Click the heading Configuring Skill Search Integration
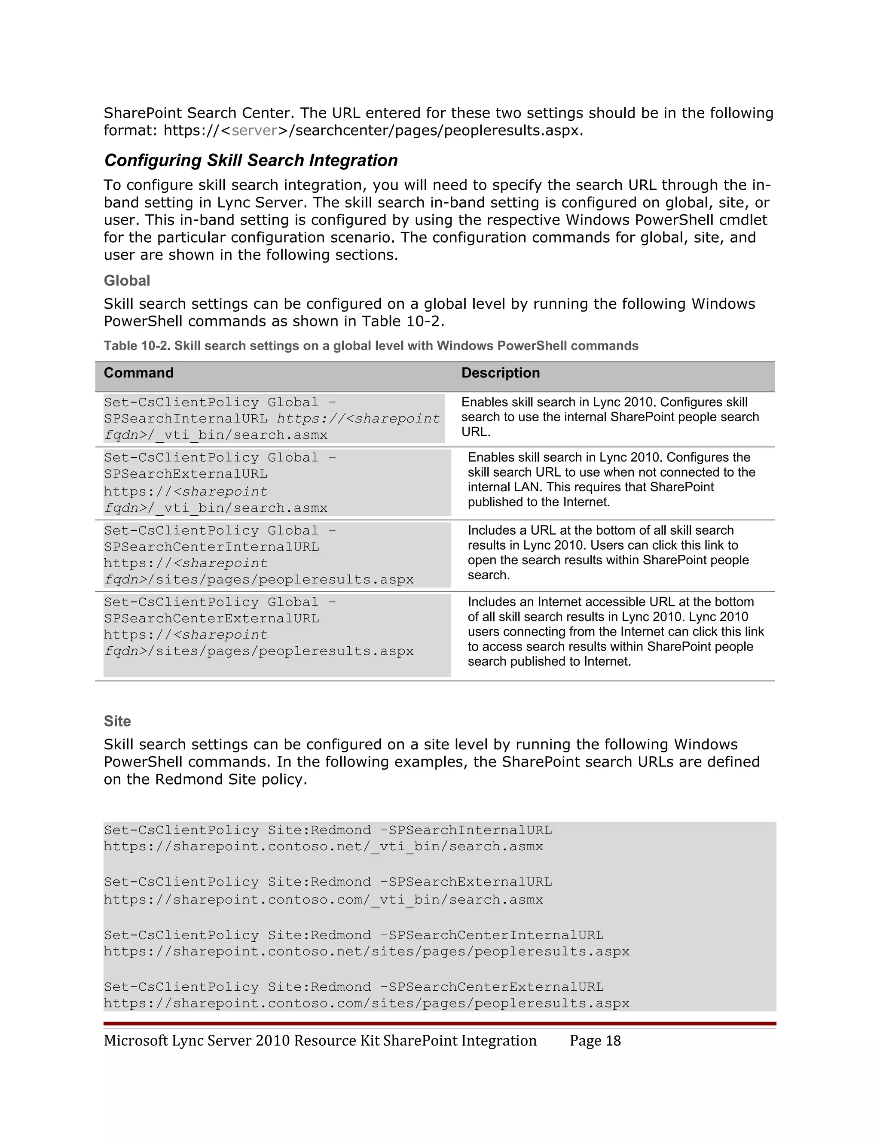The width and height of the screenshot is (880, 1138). click(x=251, y=160)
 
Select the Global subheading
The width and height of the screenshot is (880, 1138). click(x=127, y=280)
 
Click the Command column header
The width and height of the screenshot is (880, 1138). click(x=139, y=373)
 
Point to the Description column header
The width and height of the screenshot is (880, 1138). click(x=501, y=373)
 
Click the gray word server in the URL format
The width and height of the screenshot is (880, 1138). click(x=254, y=130)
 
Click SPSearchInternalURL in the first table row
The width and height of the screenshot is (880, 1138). click(x=186, y=418)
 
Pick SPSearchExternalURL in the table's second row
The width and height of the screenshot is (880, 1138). click(x=186, y=474)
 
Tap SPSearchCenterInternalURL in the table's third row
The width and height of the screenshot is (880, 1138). click(x=211, y=547)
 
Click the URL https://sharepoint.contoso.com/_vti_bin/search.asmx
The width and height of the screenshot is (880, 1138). click(x=323, y=899)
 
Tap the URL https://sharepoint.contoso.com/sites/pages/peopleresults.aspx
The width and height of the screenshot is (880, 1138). click(x=366, y=1003)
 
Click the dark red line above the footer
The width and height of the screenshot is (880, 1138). click(x=440, y=1023)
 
